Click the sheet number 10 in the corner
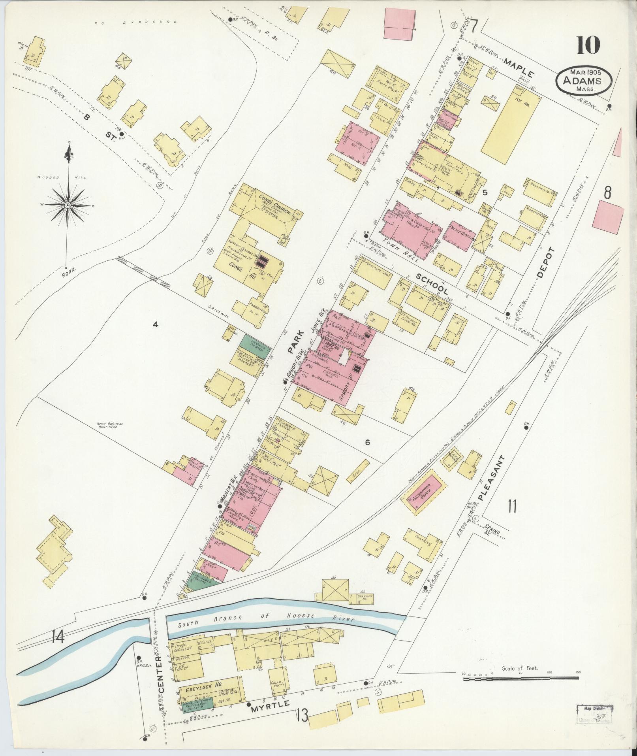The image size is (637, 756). coord(588,46)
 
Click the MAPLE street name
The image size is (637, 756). coord(519,68)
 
